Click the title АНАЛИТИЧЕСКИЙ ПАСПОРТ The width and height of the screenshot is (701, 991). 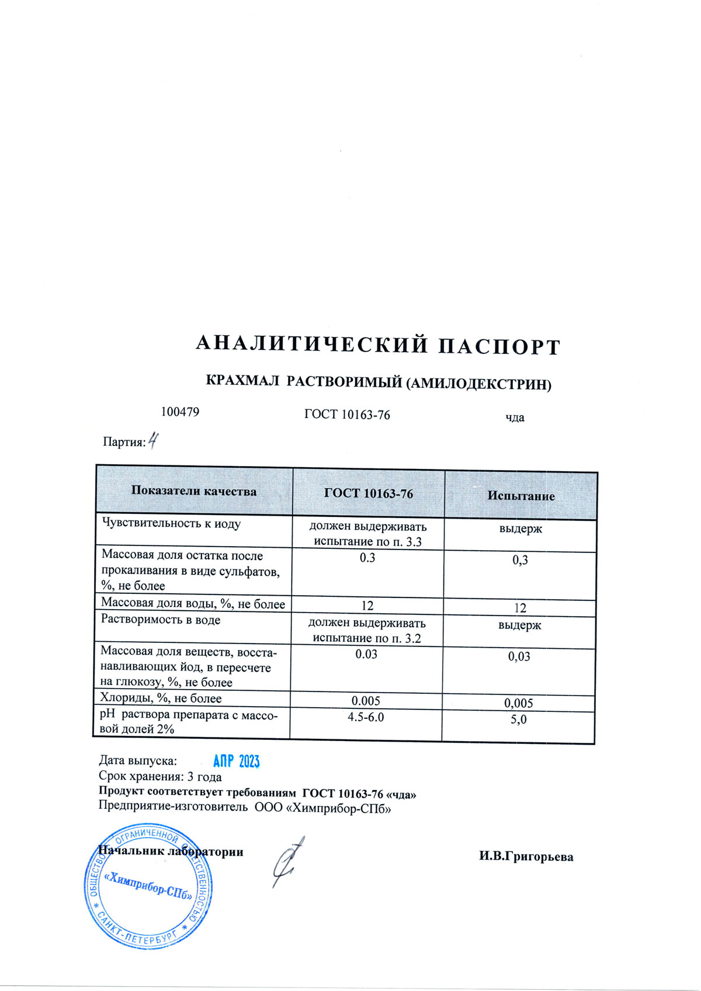click(378, 345)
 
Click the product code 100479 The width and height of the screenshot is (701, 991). click(180, 412)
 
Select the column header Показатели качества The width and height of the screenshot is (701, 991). click(193, 491)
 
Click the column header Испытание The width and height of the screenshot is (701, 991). click(521, 496)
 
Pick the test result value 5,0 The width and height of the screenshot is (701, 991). click(518, 719)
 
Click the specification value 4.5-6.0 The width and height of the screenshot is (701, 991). click(366, 717)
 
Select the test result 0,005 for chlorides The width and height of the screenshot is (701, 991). click(518, 703)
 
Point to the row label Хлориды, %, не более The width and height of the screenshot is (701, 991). click(161, 698)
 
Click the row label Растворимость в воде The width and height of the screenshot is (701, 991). click(161, 620)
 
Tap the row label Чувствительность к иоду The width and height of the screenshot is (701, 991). click(171, 523)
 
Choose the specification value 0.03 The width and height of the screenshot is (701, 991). click(366, 654)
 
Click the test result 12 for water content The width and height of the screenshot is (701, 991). click(520, 608)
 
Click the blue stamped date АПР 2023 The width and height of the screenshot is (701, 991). click(236, 761)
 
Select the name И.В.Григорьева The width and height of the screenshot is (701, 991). click(526, 857)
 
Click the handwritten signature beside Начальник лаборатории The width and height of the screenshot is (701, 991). click(288, 861)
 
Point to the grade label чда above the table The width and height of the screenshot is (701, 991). click(515, 418)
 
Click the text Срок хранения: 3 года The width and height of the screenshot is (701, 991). click(160, 777)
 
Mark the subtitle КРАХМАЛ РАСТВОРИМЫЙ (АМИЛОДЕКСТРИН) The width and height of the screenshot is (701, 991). click(379, 383)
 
